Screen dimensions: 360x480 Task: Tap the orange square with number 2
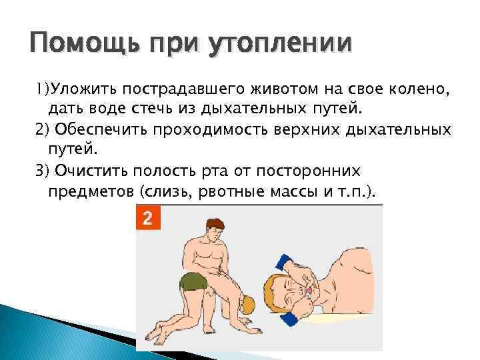click(148, 218)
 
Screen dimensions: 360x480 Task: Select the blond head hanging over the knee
click(246, 305)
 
